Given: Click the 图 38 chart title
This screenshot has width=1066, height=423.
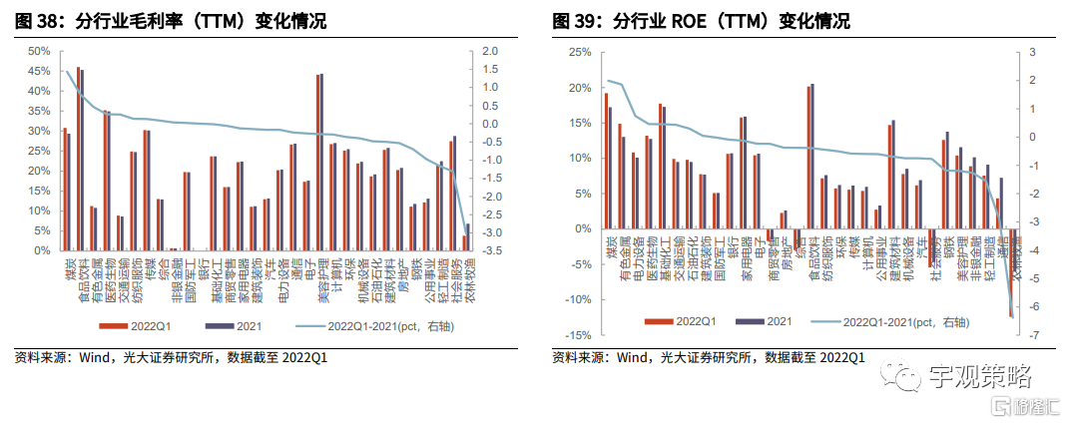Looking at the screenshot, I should point(170,21).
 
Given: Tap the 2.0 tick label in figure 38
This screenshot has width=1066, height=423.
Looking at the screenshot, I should point(489,51).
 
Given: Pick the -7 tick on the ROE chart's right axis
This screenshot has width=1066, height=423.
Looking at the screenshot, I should point(1031,335).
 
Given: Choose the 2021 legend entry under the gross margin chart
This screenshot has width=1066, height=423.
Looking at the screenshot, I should point(240,326).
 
